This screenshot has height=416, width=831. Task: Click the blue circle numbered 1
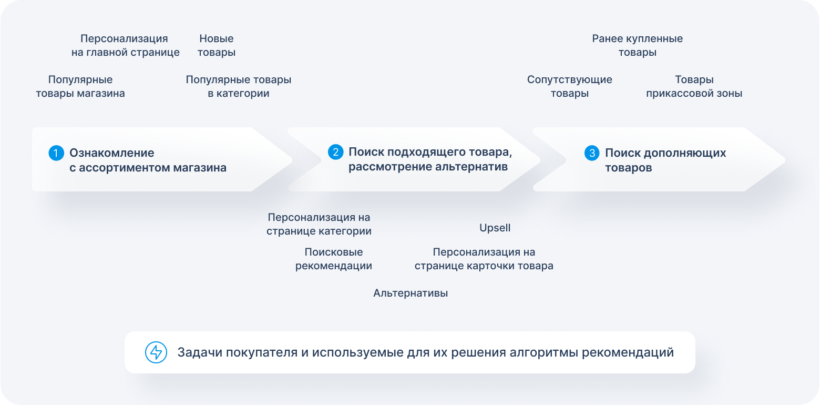coord(56,153)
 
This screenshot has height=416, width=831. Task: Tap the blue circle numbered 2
coord(335,152)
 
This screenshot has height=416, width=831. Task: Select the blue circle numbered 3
coord(592,153)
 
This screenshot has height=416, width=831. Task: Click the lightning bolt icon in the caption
coord(156,352)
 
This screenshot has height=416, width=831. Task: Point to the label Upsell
coord(495,228)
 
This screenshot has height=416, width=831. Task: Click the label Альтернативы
coord(411,293)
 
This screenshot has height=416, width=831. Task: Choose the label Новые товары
coord(217,45)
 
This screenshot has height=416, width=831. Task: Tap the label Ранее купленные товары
coord(637,45)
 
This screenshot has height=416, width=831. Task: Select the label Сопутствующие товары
coord(569,86)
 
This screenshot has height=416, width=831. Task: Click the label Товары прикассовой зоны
coord(694,86)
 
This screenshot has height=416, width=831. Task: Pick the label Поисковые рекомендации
coord(333,259)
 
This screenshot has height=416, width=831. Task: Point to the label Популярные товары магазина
coord(80,86)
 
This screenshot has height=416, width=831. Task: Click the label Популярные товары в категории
coord(238,86)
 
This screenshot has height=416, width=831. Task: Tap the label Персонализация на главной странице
coord(125,45)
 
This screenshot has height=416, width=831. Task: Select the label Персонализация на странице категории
coord(319,224)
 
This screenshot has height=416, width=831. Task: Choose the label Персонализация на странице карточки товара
coord(484,259)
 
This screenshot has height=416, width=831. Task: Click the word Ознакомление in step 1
coord(112,153)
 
